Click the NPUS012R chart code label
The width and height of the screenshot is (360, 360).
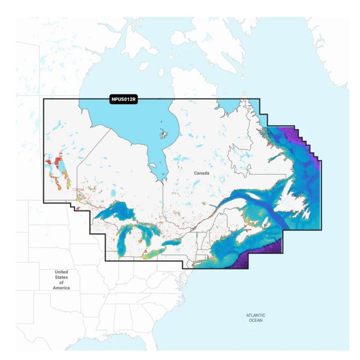click(123, 100)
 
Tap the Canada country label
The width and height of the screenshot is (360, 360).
click(202, 173)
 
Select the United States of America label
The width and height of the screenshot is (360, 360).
click(61, 280)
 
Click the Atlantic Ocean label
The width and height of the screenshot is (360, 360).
click(256, 318)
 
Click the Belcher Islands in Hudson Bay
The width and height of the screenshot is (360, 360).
click(164, 135)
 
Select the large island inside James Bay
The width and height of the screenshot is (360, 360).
click(153, 166)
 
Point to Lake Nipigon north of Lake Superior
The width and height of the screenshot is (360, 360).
click(113, 194)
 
